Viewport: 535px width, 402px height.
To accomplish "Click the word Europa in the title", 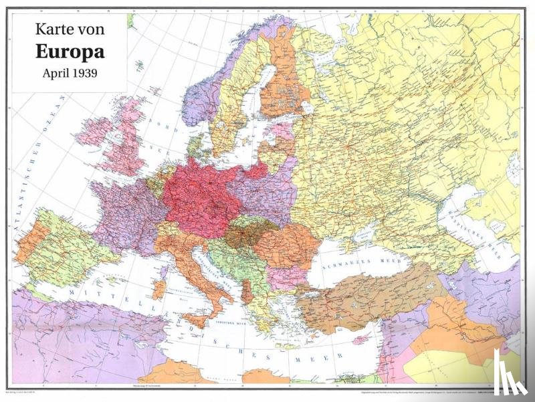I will (70, 52).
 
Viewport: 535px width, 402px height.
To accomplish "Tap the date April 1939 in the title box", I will (70, 74).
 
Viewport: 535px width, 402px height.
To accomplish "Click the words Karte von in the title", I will (70, 29).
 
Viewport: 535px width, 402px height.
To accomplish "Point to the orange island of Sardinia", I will (159, 289).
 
